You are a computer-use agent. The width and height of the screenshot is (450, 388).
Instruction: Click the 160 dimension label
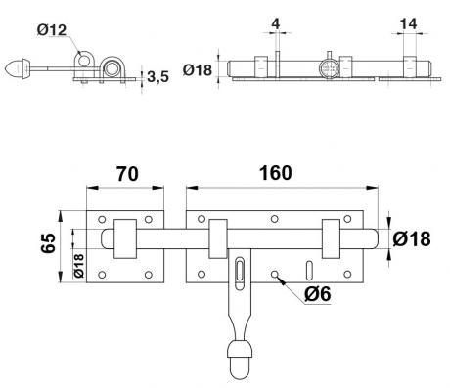click(x=276, y=173)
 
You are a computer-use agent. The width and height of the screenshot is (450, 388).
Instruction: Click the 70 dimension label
click(x=127, y=173)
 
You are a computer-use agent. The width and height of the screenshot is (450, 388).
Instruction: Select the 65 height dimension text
click(x=49, y=243)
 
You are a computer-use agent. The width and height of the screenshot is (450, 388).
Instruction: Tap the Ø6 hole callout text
click(x=317, y=294)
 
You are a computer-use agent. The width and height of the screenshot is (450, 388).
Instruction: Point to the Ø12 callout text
click(x=52, y=30)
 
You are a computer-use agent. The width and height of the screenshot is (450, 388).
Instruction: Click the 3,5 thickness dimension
click(x=157, y=77)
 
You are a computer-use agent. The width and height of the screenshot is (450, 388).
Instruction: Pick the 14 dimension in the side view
click(x=408, y=23)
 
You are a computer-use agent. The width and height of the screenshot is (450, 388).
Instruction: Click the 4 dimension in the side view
click(x=276, y=23)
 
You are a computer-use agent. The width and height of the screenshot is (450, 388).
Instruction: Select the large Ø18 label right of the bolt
click(x=412, y=239)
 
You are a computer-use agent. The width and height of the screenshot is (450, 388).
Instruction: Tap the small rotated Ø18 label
click(x=79, y=266)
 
